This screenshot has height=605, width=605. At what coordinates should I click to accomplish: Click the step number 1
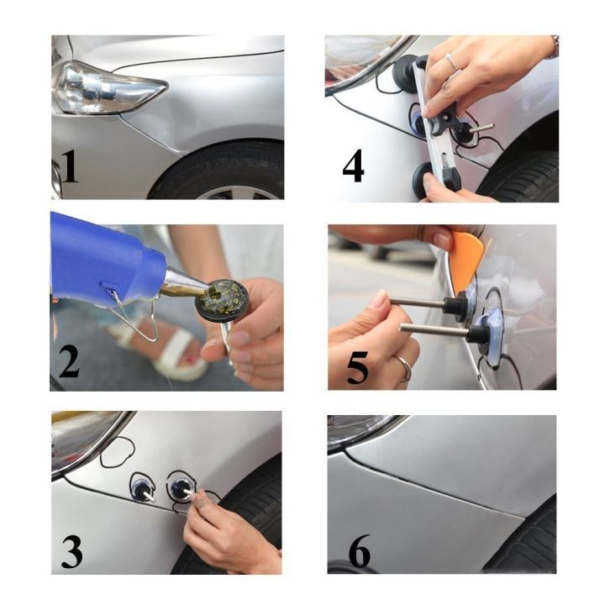(69, 166)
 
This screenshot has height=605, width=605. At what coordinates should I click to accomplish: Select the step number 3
(71, 550)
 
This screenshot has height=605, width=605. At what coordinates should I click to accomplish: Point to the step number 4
(353, 166)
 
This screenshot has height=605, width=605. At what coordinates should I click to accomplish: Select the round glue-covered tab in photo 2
(222, 299)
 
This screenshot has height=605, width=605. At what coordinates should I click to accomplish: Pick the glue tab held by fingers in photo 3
(181, 488)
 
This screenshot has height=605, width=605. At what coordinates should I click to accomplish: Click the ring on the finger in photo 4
(451, 62)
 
